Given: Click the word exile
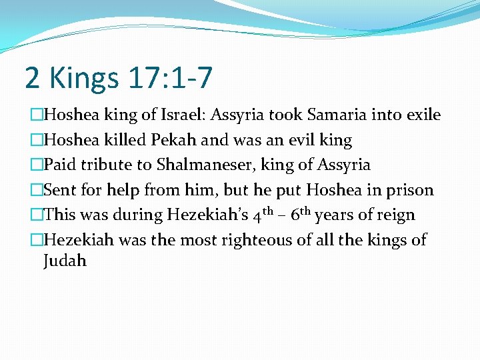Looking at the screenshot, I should pyautogui.click(x=423, y=115).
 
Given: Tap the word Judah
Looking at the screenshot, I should pyautogui.click(x=65, y=261).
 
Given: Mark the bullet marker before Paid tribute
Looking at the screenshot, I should pyautogui.click(x=37, y=165).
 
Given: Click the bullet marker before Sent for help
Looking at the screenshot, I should pyautogui.click(x=37, y=190).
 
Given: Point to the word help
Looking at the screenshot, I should pyautogui.click(x=118, y=190).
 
